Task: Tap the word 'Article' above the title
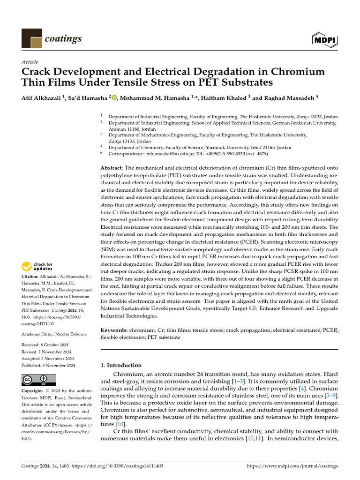pyautogui.click(x=30, y=62)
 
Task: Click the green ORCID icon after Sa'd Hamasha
pyautogui.click(x=114, y=97)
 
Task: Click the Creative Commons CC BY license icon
pyautogui.click(x=38, y=379)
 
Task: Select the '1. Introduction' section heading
pyautogui.click(x=121, y=365)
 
